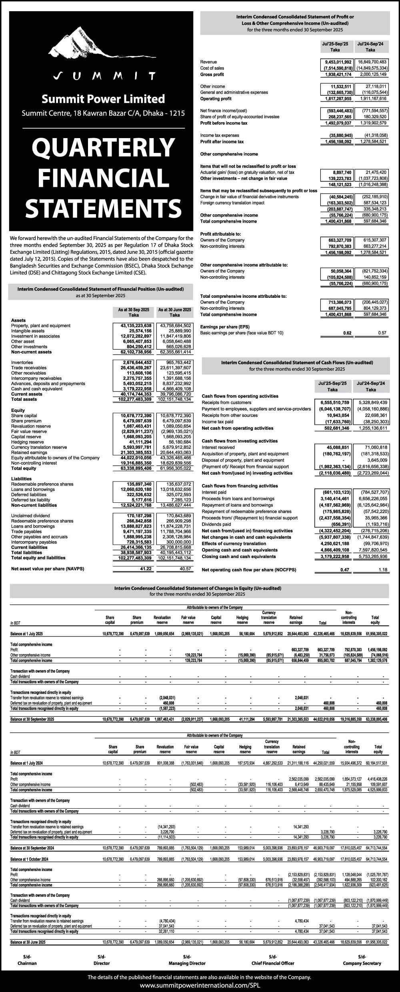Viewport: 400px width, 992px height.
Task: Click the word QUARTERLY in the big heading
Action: point(103,148)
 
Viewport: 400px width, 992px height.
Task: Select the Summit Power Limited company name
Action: point(103,99)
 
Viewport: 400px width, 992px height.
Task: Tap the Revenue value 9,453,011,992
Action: point(336,62)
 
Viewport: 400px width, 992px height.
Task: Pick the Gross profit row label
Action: point(212,74)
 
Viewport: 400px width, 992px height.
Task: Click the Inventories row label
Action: point(22,362)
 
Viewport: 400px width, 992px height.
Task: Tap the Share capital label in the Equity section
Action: point(24,416)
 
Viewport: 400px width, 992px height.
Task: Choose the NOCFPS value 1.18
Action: point(383,570)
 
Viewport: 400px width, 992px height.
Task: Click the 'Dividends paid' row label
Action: point(216,524)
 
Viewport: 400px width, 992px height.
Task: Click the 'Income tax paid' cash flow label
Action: point(217,422)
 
